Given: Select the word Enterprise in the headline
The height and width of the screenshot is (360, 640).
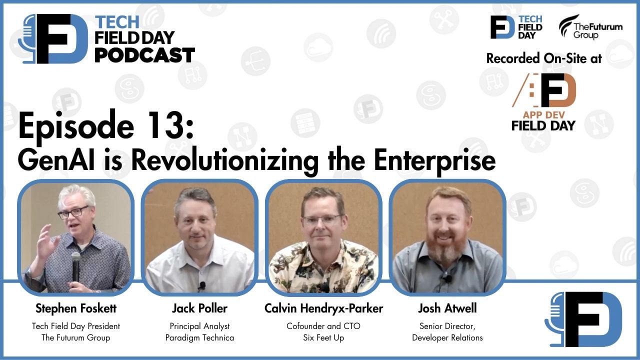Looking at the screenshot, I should click(x=435, y=160).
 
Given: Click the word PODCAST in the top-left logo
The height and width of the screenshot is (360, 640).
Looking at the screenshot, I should click(x=144, y=55).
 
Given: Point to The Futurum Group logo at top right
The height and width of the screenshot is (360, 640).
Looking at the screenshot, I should click(x=590, y=27).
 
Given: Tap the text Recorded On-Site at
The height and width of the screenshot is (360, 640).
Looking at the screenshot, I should click(x=543, y=58).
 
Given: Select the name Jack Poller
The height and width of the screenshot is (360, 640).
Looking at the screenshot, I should click(x=199, y=308).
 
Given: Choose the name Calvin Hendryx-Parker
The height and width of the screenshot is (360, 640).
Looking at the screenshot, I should click(x=323, y=308).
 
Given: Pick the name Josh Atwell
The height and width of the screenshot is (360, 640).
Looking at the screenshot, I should click(x=447, y=308).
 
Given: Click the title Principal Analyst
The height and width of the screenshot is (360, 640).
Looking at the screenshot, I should click(x=199, y=326).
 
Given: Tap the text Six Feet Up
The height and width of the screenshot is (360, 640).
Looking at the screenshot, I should click(x=323, y=337).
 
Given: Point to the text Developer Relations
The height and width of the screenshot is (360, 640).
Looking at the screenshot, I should click(x=447, y=337).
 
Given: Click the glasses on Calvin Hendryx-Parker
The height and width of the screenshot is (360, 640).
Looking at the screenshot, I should click(x=322, y=219).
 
